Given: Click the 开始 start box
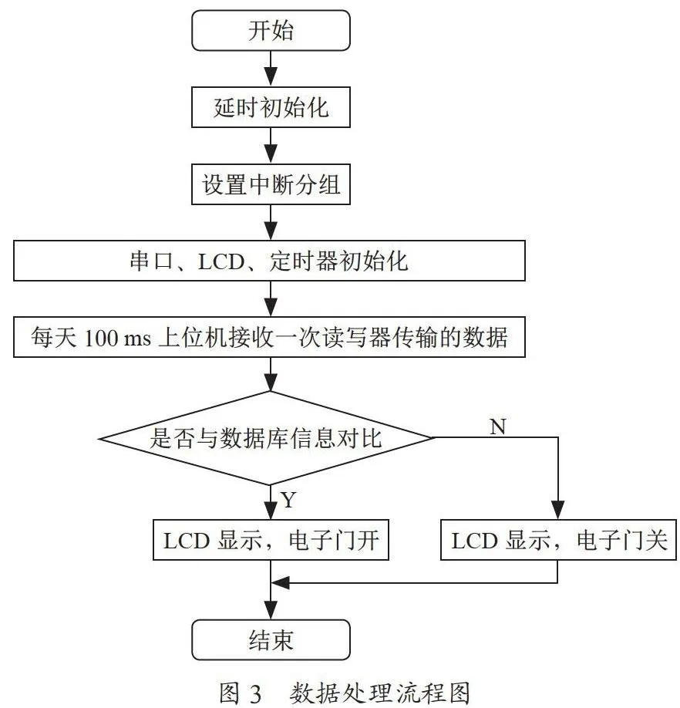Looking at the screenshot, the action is (271, 31).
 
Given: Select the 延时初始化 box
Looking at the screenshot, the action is (271, 107).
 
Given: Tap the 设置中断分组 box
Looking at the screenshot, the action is (271, 184).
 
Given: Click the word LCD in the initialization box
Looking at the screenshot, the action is (221, 261).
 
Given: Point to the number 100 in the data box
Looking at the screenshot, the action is (102, 338).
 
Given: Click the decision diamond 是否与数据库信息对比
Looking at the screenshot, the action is (266, 438).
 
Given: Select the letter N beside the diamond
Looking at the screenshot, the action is (498, 426).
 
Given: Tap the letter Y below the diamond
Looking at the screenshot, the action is (288, 500).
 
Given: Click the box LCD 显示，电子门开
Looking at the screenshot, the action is (271, 540).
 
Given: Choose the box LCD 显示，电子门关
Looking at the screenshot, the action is (558, 540).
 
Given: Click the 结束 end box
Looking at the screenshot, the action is (271, 640).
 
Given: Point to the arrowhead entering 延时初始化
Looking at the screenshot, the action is (271, 77).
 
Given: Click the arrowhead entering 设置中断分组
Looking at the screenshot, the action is (271, 154).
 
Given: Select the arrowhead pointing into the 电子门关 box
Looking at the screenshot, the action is (558, 510).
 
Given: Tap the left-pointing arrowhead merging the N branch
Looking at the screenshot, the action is (280, 583).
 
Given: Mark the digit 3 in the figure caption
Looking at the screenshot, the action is (255, 693).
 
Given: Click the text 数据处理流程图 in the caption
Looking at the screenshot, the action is (380, 693).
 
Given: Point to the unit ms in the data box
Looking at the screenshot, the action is (137, 339).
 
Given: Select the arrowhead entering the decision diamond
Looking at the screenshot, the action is (271, 382).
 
